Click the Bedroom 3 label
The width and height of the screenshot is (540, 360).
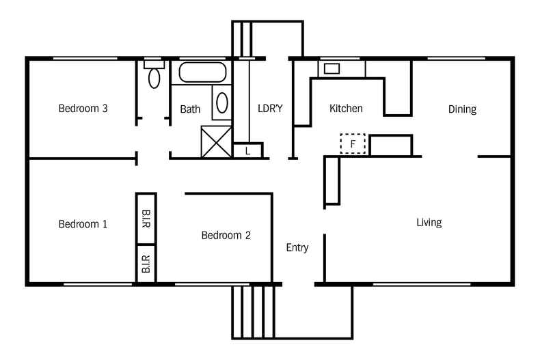(83, 108)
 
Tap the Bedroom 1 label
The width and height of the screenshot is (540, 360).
(83, 224)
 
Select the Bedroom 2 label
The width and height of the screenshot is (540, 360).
(226, 236)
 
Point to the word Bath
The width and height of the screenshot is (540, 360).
(190, 109)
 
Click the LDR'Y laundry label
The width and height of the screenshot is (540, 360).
(270, 108)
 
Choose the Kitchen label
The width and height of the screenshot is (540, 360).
(346, 109)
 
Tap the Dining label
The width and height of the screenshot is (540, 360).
(462, 109)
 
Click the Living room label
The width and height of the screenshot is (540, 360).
(429, 223)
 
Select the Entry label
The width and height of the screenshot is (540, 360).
(297, 247)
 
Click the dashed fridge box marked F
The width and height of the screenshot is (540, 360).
(353, 144)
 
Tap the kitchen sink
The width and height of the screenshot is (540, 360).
(332, 68)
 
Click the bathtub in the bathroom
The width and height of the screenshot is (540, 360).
(202, 72)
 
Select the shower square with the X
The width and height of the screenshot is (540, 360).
(217, 142)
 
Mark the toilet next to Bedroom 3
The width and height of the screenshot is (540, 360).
(154, 76)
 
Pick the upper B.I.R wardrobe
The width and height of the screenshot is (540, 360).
(146, 219)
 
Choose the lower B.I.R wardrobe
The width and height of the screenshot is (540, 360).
(146, 264)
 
